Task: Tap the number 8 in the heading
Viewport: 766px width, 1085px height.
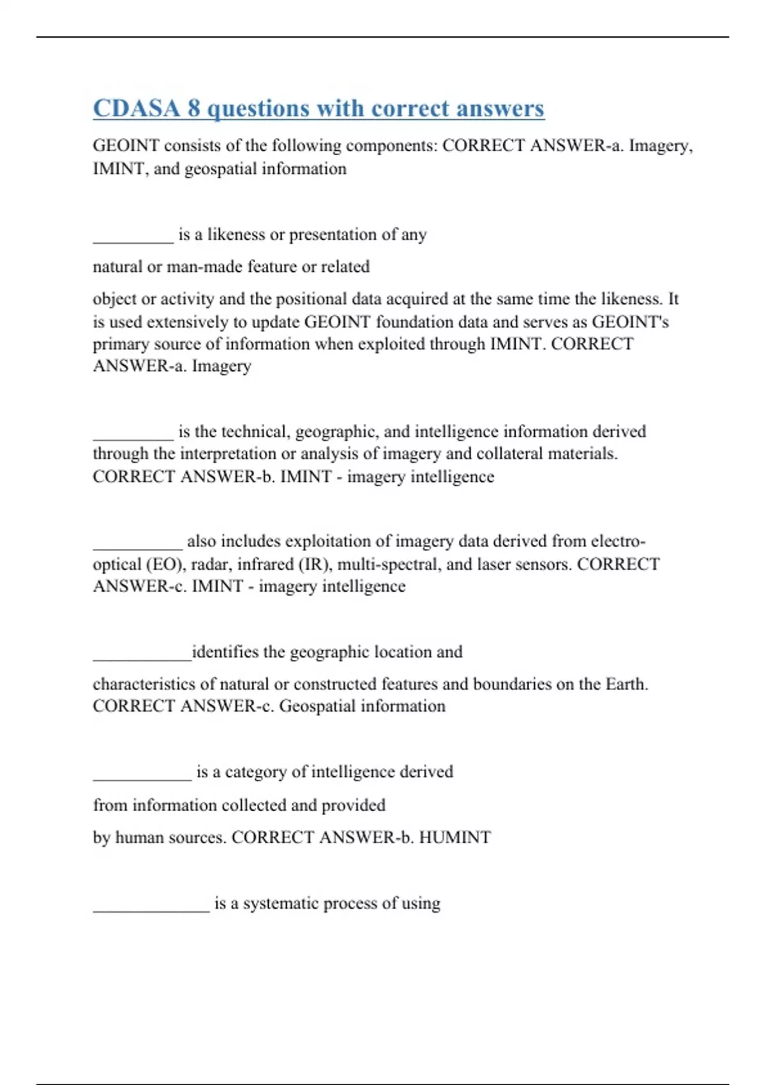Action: [x=193, y=108]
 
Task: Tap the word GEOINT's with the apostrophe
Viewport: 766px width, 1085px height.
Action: [x=631, y=322]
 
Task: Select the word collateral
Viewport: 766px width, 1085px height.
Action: [x=513, y=454]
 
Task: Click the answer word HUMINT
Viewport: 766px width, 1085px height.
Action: [x=455, y=837]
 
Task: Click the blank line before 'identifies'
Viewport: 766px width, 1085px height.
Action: [x=142, y=657]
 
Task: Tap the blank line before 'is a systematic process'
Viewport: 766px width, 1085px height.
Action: [x=151, y=909]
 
